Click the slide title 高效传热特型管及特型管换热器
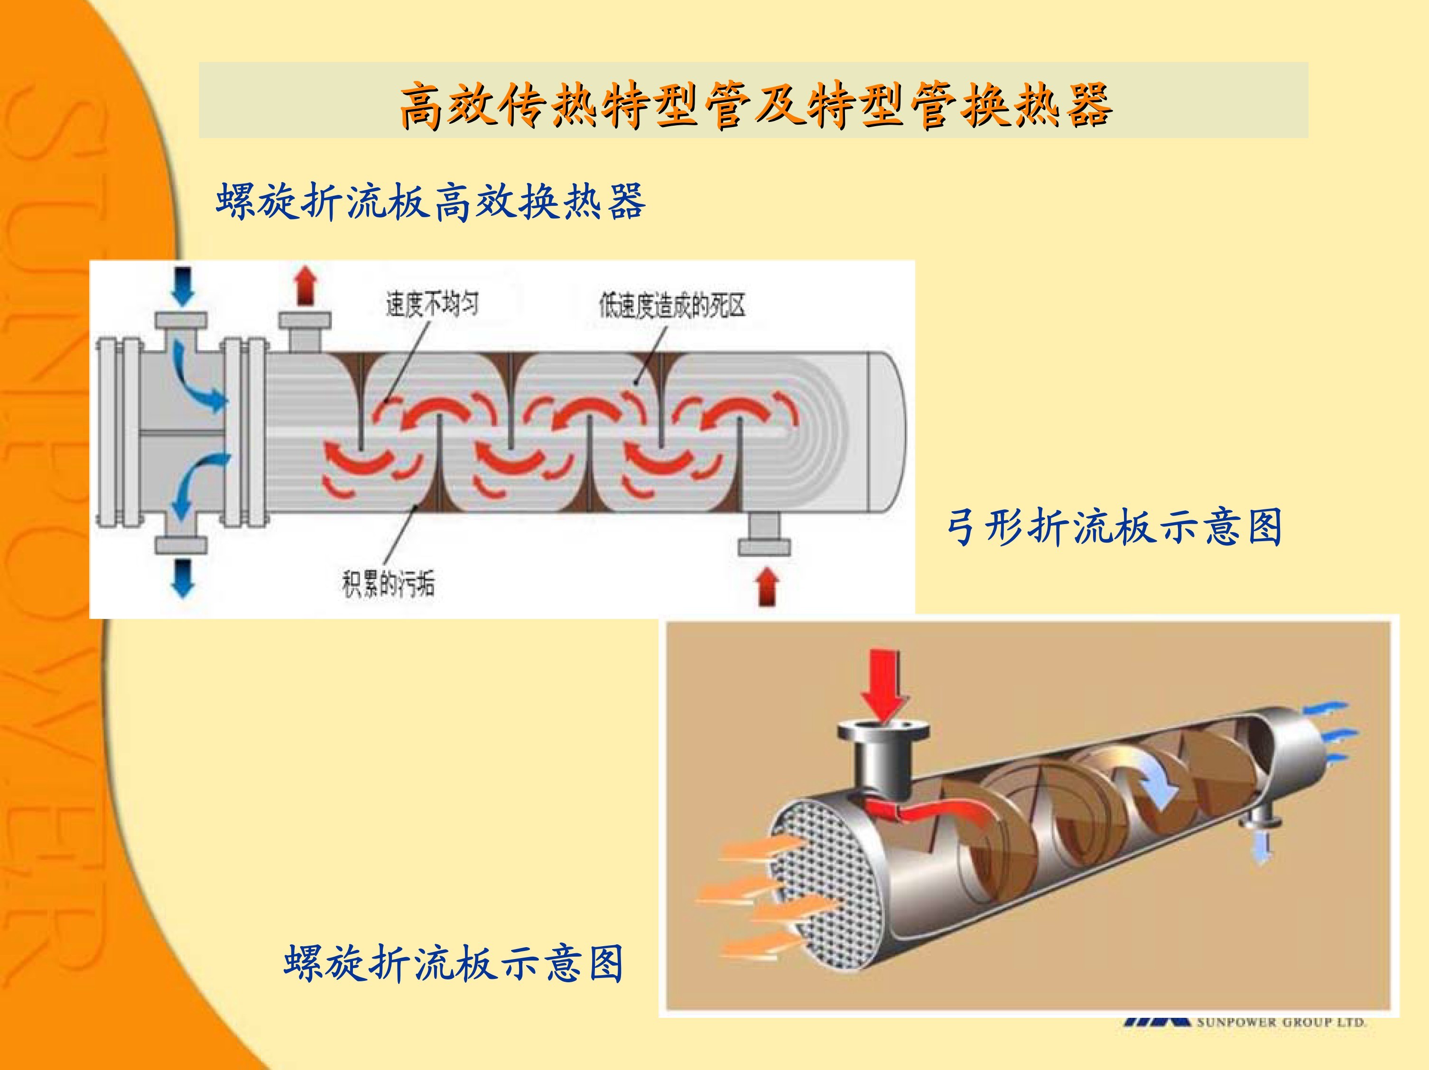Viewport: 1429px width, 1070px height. coord(756,105)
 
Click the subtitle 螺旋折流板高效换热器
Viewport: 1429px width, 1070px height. coord(431,202)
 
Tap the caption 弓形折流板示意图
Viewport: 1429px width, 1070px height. coord(1114,526)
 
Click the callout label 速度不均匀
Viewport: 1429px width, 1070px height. coord(433,304)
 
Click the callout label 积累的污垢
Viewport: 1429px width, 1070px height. coord(388,584)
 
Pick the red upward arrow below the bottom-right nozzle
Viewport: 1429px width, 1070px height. coord(768,586)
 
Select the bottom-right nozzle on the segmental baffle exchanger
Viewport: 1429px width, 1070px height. coord(764,534)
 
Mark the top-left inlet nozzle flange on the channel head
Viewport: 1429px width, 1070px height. coord(181,320)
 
